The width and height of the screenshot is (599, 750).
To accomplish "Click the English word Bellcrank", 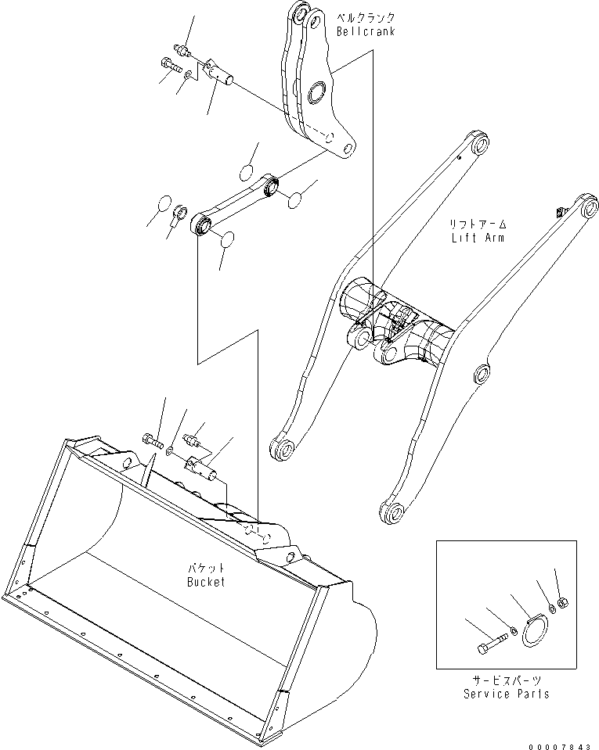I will [x=366, y=31].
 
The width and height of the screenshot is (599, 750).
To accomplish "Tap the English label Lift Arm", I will [x=478, y=237].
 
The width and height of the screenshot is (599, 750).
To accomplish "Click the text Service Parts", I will [x=506, y=694].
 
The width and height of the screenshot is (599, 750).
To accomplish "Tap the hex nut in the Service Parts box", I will [x=562, y=602].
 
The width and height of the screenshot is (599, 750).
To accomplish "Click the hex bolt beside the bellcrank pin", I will [x=169, y=66].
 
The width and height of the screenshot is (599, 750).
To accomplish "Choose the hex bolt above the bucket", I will [x=153, y=442].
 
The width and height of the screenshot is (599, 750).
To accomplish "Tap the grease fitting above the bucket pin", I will [x=192, y=440].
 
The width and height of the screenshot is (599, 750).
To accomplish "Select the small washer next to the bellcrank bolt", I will [x=189, y=74].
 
